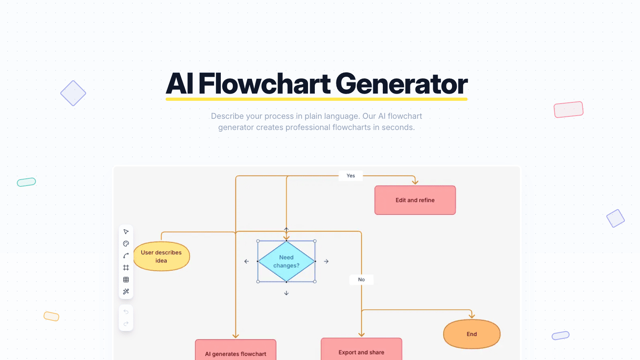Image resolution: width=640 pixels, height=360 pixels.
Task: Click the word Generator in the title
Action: click(401, 84)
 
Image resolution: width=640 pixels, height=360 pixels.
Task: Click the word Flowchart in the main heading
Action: click(264, 84)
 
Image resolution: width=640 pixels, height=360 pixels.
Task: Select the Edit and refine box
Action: click(415, 200)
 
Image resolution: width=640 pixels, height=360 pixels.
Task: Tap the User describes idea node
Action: click(161, 256)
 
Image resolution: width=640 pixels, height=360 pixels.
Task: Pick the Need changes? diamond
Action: click(286, 261)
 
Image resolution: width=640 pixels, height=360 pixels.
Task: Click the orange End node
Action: click(472, 334)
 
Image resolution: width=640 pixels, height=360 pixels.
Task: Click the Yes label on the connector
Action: click(351, 176)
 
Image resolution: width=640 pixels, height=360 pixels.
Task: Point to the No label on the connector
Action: click(361, 280)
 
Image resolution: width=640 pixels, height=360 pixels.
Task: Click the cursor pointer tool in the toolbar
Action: click(126, 232)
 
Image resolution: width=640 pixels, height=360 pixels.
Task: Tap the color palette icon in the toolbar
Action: click(126, 244)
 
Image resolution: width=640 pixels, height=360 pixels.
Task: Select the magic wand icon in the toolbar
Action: click(126, 292)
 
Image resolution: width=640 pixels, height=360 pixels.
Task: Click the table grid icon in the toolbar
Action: click(126, 280)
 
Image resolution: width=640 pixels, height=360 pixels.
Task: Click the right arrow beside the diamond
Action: click(326, 261)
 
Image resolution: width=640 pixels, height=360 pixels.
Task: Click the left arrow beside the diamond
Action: click(246, 261)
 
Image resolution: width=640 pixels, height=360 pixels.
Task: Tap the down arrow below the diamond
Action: click(286, 293)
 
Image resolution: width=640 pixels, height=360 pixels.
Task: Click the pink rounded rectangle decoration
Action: click(568, 110)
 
